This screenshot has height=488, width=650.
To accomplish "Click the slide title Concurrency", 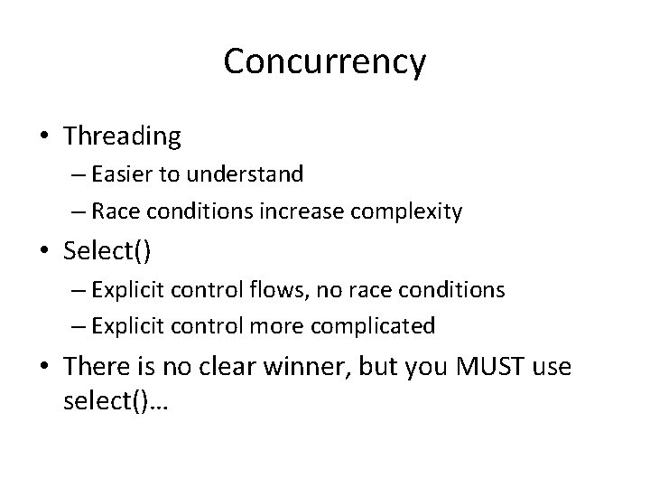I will point(324,62).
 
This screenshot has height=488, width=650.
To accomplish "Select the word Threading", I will point(122,136).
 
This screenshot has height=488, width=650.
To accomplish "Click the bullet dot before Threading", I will point(45,137).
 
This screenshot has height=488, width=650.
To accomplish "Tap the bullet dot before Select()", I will point(45,251).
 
